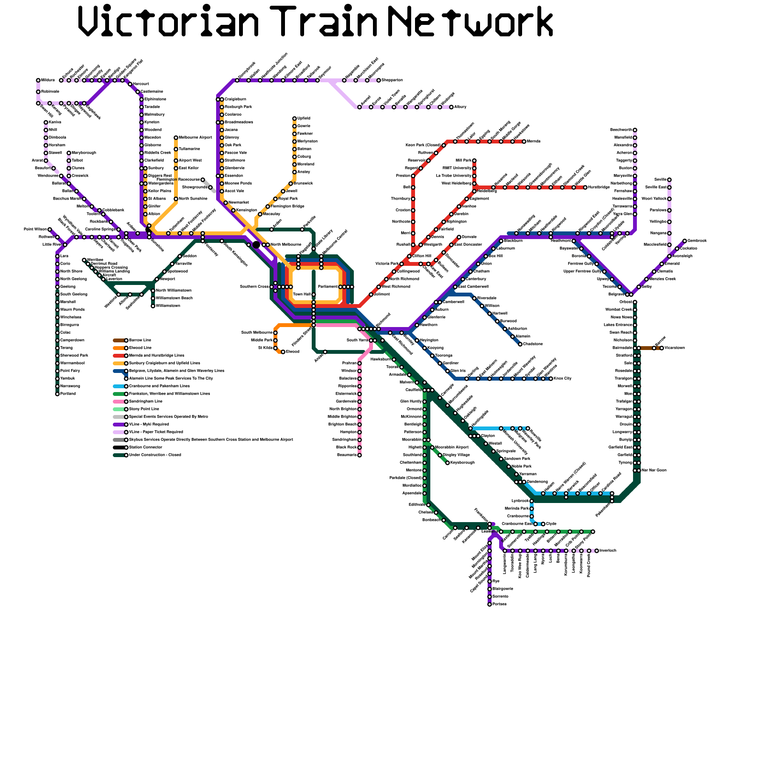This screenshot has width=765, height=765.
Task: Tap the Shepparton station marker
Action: coord(379,80)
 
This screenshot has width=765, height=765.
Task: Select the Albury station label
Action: coord(460,107)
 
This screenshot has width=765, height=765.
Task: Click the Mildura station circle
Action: coord(38,80)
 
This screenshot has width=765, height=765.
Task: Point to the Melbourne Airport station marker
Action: coord(176,138)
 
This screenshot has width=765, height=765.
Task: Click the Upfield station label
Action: coord(304,118)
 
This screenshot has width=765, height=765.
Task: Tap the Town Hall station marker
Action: coord(314,295)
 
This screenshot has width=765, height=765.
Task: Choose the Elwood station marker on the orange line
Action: coord(283,352)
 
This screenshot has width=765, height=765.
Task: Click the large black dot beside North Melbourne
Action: coord(256,245)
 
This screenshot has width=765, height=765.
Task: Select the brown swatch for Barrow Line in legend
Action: coord(119,340)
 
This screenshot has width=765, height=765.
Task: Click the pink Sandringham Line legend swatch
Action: coord(119,402)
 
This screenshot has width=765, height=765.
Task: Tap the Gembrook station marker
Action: coord(685,241)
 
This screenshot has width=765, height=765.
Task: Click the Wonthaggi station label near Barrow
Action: coord(674,348)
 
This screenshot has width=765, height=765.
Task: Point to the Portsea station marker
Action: coord(490,604)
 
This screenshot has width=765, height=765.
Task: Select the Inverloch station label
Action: coord(608,551)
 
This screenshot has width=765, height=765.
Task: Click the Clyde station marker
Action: coord(543,524)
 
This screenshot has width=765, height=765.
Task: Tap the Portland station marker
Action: coord(57,394)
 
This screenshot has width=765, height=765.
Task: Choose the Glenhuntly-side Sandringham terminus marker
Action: coord(360,455)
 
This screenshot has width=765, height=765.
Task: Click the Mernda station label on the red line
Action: coord(533,142)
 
